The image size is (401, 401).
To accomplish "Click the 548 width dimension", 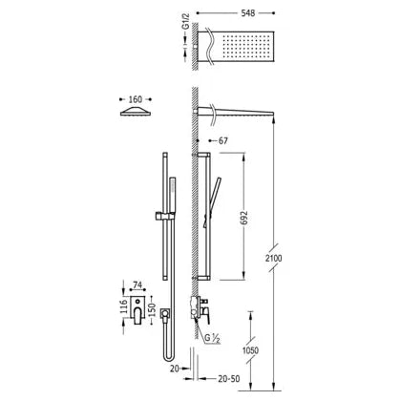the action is click(248, 13).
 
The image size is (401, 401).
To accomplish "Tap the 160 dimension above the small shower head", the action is click(136, 99).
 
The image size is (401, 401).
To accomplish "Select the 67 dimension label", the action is click(223, 140).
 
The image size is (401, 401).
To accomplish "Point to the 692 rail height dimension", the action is click(244, 218).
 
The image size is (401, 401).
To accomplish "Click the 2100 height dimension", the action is click(274, 258).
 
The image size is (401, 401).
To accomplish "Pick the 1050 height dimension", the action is click(250, 350).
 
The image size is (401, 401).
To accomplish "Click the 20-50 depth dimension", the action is click(229, 379).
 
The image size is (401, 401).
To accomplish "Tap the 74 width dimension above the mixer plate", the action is click(137, 285).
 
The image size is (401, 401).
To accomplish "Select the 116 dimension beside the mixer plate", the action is click(123, 306).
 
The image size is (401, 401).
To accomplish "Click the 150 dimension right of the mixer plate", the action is click(152, 309).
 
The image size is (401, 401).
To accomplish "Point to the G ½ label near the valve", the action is click(212, 339).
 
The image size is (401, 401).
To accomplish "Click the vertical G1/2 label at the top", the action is click(186, 22).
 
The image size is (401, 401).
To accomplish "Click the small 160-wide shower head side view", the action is click(136, 112).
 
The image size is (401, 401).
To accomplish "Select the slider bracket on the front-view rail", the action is click(165, 216).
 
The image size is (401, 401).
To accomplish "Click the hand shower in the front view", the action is click(172, 195).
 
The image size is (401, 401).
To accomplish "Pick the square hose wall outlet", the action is click(165, 313).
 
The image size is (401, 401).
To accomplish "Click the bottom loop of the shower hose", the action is click(169, 357).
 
